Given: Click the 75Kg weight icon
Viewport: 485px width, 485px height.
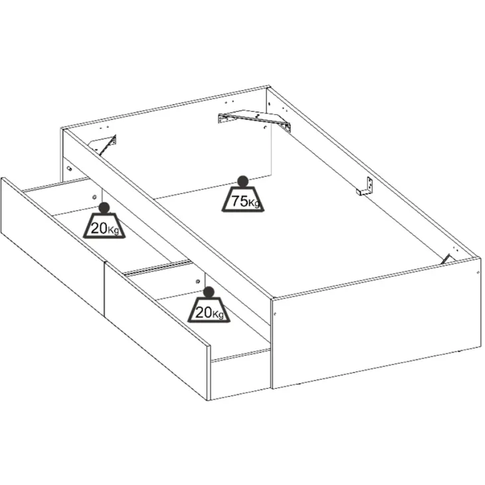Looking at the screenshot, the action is pyautogui.click(x=242, y=194).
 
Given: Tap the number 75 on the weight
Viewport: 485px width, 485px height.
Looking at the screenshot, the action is pyautogui.click(x=240, y=201).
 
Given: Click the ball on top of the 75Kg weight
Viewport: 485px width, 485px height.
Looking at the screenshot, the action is pyautogui.click(x=242, y=181).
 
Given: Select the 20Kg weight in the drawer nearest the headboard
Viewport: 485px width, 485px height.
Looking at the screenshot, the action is pyautogui.click(x=104, y=221).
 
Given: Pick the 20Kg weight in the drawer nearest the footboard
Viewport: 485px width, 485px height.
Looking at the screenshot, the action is pyautogui.click(x=209, y=305).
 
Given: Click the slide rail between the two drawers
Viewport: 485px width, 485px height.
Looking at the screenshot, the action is pyautogui.click(x=157, y=268).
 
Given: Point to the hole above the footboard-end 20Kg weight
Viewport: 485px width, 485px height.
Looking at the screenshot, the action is pyautogui.click(x=198, y=282).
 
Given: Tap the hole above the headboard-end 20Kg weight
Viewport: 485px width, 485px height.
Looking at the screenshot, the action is pyautogui.click(x=94, y=197).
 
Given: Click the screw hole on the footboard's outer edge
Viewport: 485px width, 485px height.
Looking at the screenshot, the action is pyautogui.click(x=478, y=272).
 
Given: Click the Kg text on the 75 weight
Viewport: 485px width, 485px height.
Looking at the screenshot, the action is pyautogui.click(x=254, y=204).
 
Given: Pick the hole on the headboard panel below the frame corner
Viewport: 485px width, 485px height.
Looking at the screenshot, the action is pyautogui.click(x=69, y=169).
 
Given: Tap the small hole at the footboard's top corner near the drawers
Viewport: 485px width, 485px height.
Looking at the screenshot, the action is pyautogui.click(x=275, y=314).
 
